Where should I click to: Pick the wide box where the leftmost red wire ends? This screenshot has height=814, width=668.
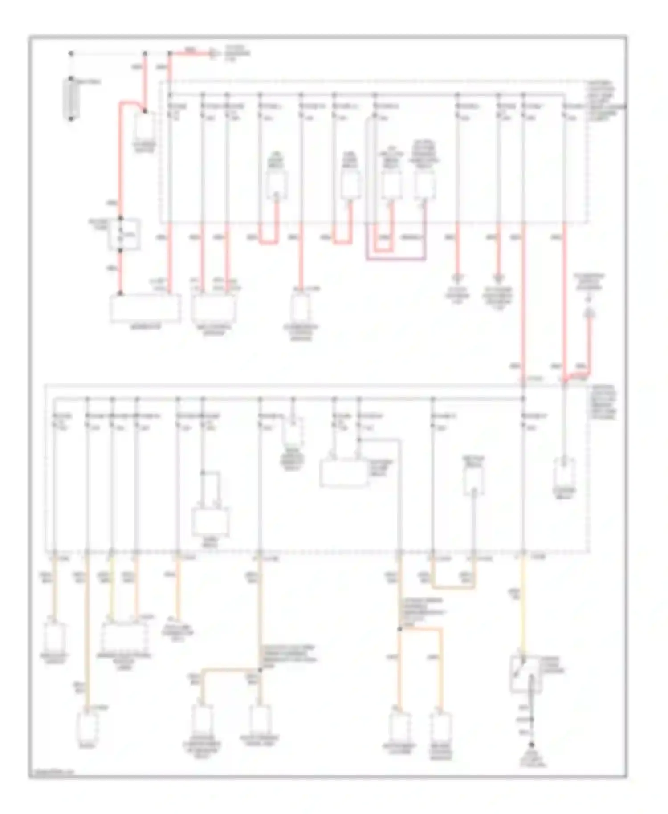[145, 308]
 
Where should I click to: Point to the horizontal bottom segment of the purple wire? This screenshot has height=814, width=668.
[395, 259]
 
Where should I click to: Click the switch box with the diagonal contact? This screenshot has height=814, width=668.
[525, 673]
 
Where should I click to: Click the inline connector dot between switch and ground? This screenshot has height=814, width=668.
[532, 719]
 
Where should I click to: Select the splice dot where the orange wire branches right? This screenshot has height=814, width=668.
[399, 629]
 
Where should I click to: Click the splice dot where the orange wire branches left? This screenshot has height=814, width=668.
[260, 669]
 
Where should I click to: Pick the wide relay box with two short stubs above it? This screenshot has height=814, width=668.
[210, 521]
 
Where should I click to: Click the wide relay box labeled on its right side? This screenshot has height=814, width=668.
[344, 473]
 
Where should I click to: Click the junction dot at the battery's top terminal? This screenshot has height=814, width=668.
[71, 53]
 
